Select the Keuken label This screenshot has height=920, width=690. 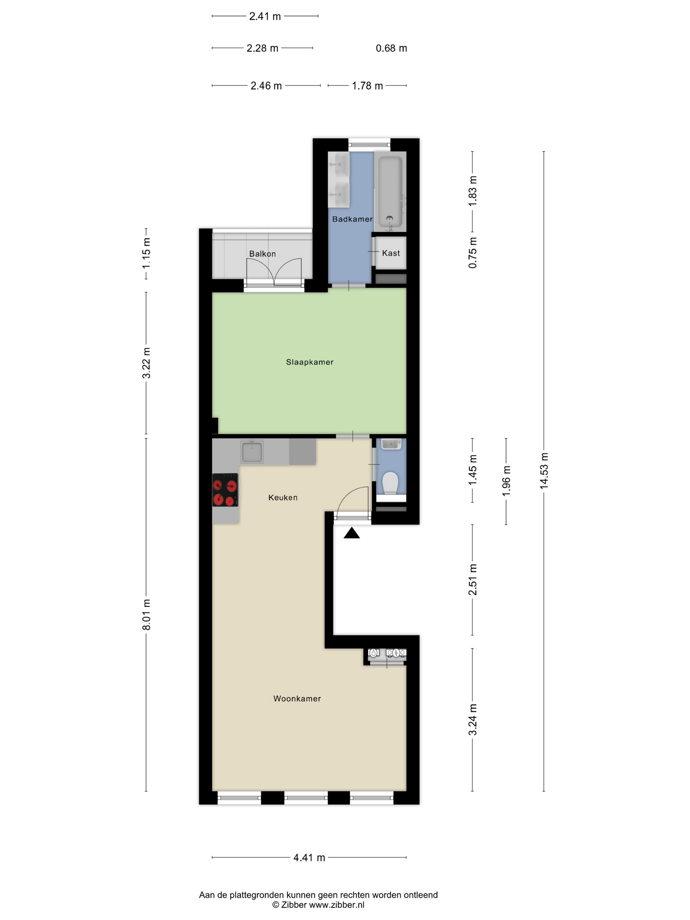click(x=283, y=497)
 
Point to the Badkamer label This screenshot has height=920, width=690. click(x=352, y=219)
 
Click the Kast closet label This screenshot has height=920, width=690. click(x=391, y=253)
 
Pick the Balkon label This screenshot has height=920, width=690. click(x=263, y=254)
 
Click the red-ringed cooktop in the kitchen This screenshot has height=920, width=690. click(x=225, y=490)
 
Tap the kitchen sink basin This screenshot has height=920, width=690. click(x=252, y=452)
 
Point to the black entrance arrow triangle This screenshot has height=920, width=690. click(x=352, y=533)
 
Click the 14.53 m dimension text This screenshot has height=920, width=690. click(x=544, y=471)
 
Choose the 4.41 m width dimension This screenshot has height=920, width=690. click(x=309, y=857)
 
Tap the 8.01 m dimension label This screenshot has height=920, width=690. click(x=147, y=615)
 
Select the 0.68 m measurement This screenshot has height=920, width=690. click(x=391, y=48)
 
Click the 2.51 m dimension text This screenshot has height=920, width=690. click(x=473, y=579)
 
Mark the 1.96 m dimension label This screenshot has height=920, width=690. click(x=506, y=481)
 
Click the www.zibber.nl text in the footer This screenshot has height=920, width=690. click(x=336, y=905)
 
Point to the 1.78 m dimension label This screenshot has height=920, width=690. click(x=367, y=86)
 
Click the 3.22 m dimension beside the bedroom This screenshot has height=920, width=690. click(x=147, y=363)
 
